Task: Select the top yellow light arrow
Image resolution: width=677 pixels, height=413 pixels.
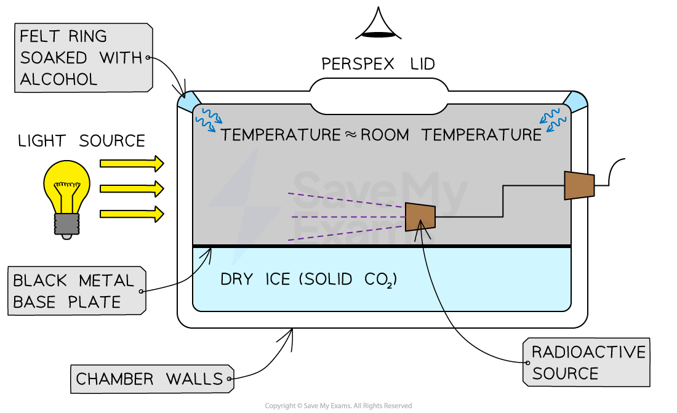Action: (131, 163)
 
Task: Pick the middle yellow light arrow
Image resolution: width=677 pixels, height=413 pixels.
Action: (131, 188)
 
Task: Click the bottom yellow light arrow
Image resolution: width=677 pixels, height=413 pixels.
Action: (131, 214)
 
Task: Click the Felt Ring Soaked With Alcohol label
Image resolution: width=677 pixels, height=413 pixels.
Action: (82, 58)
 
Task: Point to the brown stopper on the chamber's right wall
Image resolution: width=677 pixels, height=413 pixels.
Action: (579, 185)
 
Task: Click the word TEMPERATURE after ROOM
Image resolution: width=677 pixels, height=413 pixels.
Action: (481, 135)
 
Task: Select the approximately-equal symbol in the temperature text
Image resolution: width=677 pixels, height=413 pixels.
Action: (351, 135)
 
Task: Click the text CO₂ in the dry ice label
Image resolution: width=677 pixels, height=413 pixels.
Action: (377, 281)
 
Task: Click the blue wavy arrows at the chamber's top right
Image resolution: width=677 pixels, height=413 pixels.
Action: (550, 118)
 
